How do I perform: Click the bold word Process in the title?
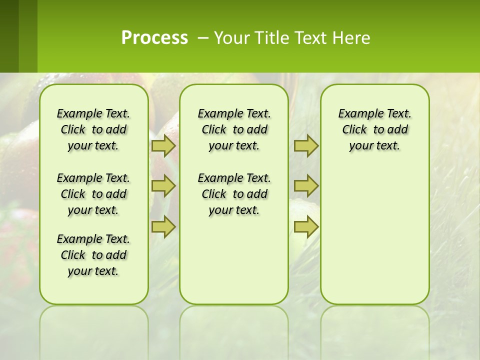tap(154, 38)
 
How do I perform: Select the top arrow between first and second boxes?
tap(163, 146)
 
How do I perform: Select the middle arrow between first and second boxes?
tap(163, 186)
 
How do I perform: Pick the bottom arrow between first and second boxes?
tap(163, 227)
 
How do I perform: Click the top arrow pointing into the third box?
tap(306, 146)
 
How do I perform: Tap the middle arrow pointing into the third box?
tap(306, 186)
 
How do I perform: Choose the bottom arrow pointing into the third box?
tap(306, 227)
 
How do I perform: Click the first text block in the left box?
tap(93, 129)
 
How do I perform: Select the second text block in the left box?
tap(93, 194)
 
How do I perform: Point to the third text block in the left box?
tap(93, 255)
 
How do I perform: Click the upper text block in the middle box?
tap(234, 129)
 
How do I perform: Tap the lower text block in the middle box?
tap(234, 194)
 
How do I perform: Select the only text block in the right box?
tap(374, 129)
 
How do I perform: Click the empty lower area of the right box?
tap(374, 240)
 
